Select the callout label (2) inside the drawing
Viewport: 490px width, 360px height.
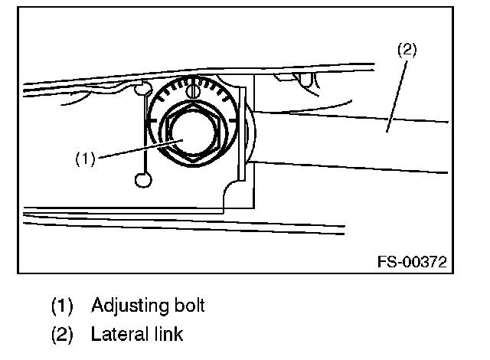[407, 51]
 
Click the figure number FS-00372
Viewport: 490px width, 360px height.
[412, 262]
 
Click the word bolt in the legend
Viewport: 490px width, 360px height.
[188, 306]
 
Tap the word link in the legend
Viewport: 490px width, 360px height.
[171, 334]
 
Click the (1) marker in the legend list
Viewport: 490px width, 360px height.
[62, 306]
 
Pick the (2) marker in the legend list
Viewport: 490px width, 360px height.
[62, 335]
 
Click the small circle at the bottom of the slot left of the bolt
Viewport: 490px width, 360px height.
[143, 180]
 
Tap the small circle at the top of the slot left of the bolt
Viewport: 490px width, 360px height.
[142, 90]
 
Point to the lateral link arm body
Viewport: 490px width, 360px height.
[360, 142]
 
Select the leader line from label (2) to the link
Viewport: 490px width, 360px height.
[397, 92]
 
